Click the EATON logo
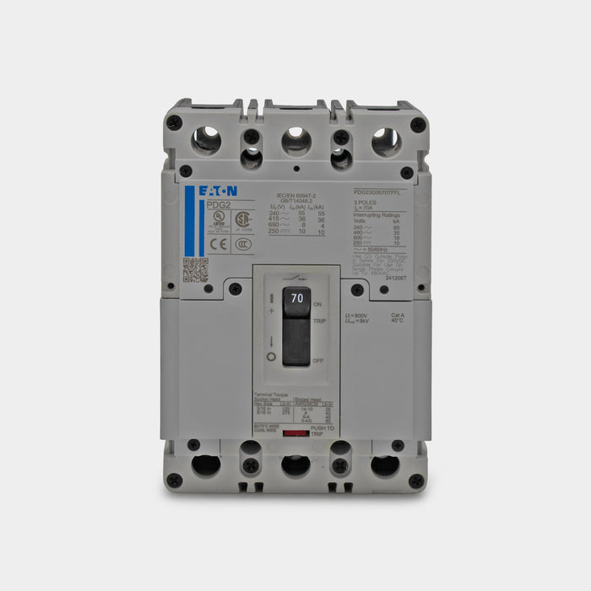(x=218, y=192)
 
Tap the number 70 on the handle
(x=296, y=298)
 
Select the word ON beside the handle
(x=317, y=303)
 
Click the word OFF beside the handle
(x=317, y=360)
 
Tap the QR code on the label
(x=195, y=269)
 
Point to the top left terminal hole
(x=205, y=139)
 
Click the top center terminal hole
(x=295, y=139)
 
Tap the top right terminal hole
(x=386, y=139)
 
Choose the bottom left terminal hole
(x=204, y=464)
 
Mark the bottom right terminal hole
(x=387, y=464)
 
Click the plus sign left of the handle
(x=272, y=311)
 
